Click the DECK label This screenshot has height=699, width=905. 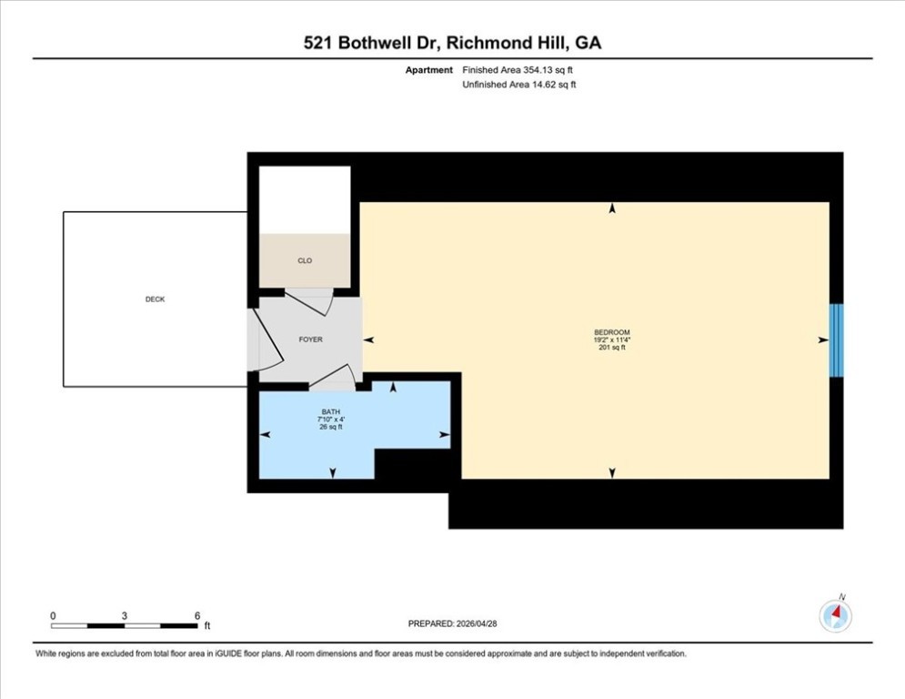point(155,299)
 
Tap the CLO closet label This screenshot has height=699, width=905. point(305,260)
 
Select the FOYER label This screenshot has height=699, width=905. point(310,339)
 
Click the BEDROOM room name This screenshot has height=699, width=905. point(612,332)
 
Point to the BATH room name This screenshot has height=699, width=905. point(331,412)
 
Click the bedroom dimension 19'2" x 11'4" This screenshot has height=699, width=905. point(612,339)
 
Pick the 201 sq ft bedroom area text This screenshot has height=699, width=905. point(612,347)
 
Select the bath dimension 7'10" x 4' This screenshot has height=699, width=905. point(331,420)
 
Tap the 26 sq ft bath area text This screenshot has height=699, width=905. point(331,427)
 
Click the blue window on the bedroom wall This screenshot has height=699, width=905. point(836,340)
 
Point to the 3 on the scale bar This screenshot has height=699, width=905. point(124,616)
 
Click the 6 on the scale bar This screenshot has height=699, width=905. point(196,616)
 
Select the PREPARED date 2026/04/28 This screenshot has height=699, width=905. point(477,623)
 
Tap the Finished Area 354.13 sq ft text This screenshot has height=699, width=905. point(518,70)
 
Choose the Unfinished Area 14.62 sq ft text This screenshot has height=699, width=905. point(518,85)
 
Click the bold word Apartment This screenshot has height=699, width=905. point(428,70)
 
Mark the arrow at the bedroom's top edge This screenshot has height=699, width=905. point(612,208)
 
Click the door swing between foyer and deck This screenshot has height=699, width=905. point(269,340)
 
